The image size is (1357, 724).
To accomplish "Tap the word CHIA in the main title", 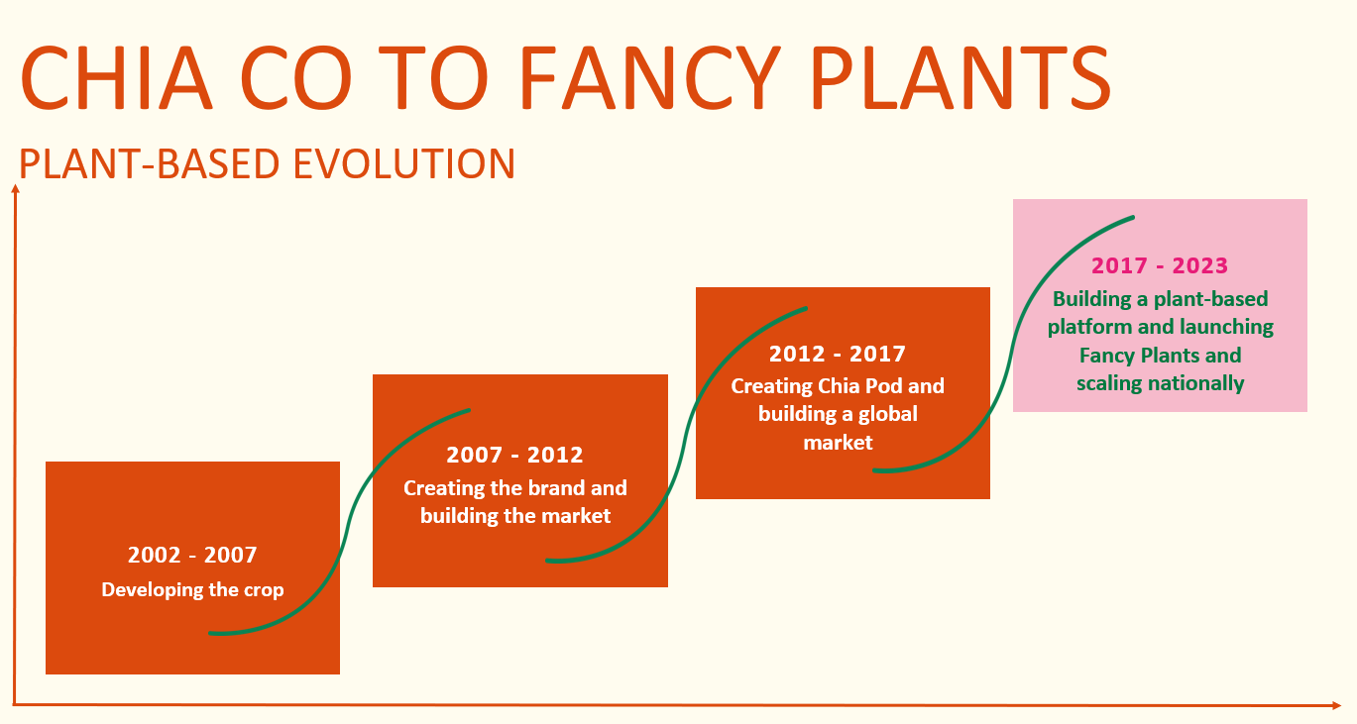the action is [x=116, y=78].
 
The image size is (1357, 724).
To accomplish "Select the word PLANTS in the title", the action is [x=961, y=78].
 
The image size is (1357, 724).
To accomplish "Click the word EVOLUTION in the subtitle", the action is [x=404, y=164].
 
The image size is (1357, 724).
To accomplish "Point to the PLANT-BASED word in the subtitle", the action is [x=149, y=164].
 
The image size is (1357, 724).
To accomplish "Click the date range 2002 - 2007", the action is [x=192, y=555].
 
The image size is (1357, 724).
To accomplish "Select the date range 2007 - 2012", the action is [x=514, y=455].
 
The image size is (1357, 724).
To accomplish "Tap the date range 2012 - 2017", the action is [x=838, y=354].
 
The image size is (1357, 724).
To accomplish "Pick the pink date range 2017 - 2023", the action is [x=1160, y=265].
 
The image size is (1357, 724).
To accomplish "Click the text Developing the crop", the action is [x=192, y=589].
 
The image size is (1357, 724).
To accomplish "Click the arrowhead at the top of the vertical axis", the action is [x=16, y=189].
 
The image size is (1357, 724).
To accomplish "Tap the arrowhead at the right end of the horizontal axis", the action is [x=1336, y=705].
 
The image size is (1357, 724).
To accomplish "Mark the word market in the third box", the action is [x=838, y=443].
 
